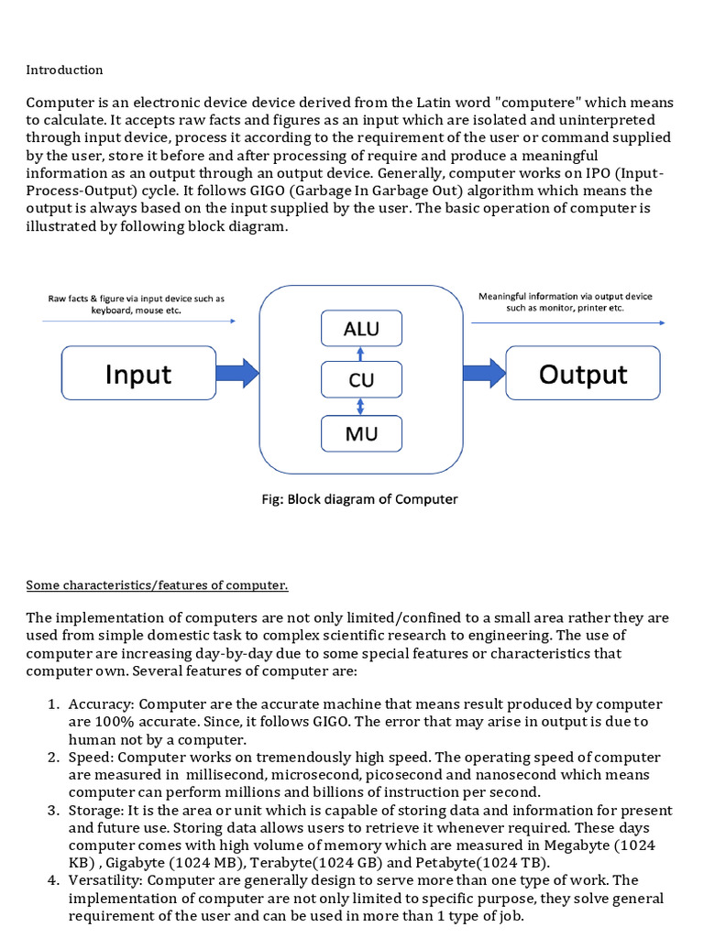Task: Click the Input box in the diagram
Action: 138,374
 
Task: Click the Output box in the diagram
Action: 583,374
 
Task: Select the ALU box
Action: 361,329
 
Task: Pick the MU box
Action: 361,433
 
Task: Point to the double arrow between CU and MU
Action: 361,406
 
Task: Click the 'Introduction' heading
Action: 64,70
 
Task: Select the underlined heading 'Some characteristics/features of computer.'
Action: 157,584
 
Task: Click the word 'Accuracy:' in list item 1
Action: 101,703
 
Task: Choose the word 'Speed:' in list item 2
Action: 93,758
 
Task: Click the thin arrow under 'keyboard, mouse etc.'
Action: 138,322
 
